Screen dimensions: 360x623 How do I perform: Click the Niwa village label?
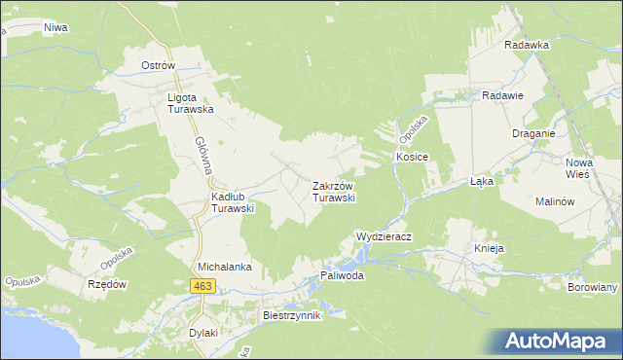[55, 27]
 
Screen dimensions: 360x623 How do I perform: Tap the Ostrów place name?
[158, 65]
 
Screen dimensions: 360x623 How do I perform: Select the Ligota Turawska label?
[190, 104]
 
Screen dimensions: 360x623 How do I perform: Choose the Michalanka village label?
[225, 266]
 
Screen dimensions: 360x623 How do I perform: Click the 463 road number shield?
[202, 285]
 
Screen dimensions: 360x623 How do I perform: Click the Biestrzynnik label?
[292, 316]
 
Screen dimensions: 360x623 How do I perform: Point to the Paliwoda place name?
[342, 275]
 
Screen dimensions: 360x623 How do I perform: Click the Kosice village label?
[412, 157]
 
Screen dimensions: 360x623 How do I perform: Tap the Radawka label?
[528, 45]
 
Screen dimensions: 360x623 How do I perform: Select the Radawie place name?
[503, 95]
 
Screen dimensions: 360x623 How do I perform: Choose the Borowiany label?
[593, 288]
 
